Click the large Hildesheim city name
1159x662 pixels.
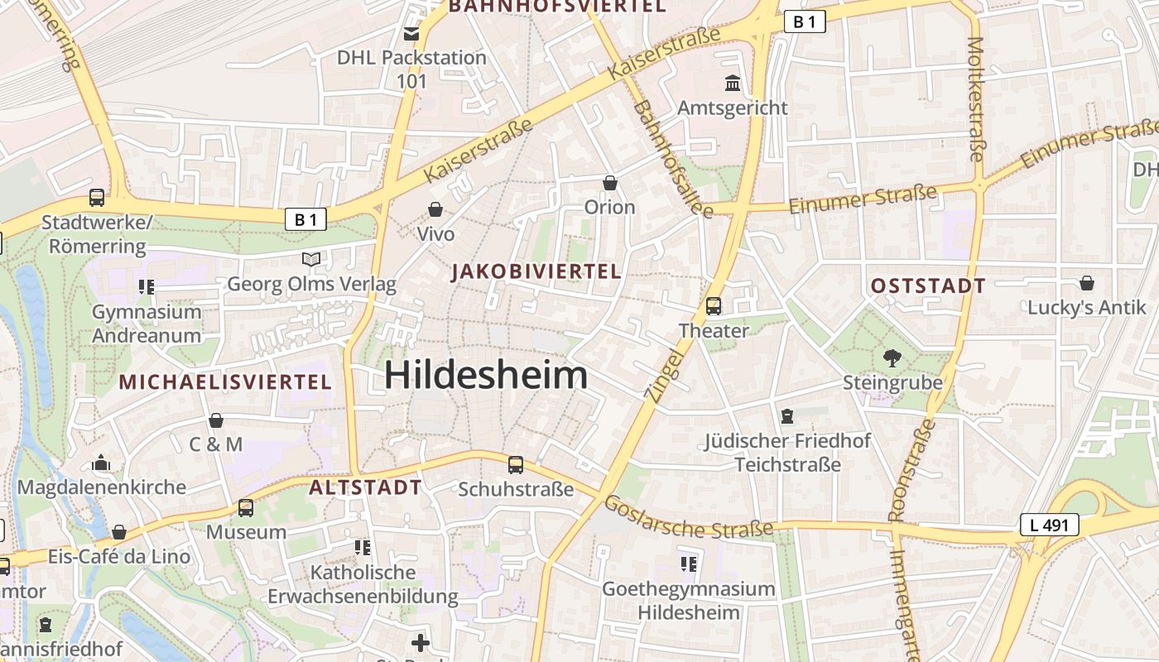pyautogui.click(x=486, y=376)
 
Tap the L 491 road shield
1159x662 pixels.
pyautogui.click(x=1049, y=524)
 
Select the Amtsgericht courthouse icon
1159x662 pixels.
pyautogui.click(x=733, y=84)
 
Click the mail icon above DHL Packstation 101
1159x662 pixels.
pyautogui.click(x=411, y=34)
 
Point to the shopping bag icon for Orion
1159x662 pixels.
pyautogui.click(x=610, y=183)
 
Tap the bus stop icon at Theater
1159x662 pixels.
pyautogui.click(x=714, y=306)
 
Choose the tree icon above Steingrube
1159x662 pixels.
pyautogui.click(x=892, y=358)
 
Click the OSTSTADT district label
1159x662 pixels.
pyautogui.click(x=928, y=286)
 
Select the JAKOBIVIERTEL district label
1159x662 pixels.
pyautogui.click(x=536, y=271)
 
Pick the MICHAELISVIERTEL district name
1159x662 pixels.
pyautogui.click(x=225, y=382)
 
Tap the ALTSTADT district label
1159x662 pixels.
pyautogui.click(x=365, y=487)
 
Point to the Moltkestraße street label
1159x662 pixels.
pyautogui.click(x=977, y=99)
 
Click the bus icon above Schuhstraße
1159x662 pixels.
pyautogui.click(x=516, y=465)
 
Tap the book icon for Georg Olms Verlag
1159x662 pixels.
pyautogui.click(x=311, y=260)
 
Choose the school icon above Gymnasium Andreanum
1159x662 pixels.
pyautogui.click(x=147, y=287)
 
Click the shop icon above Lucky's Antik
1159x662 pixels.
pyautogui.click(x=1087, y=284)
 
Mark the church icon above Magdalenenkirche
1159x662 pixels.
pyautogui.click(x=101, y=463)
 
